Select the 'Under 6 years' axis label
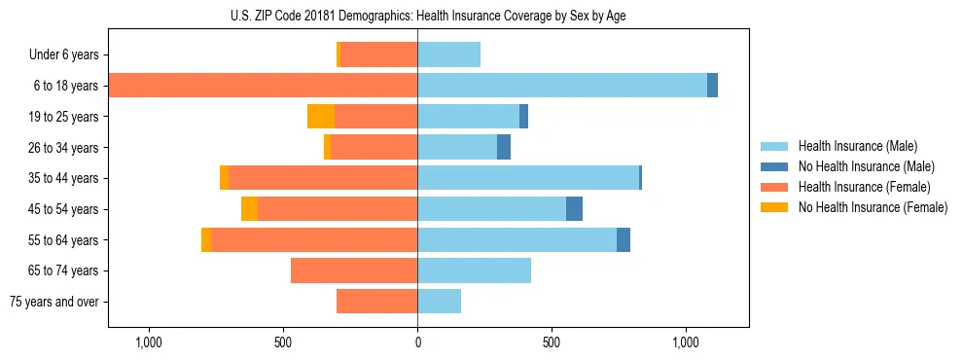71,55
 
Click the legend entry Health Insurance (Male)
857,146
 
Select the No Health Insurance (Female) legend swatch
775,207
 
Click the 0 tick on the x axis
417,343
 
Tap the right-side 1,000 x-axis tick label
686,343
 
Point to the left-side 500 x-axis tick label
283,343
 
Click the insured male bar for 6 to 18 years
562,86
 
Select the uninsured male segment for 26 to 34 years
504,147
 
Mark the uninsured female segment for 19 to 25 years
321,117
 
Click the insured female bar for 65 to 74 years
354,270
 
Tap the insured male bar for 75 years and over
439,302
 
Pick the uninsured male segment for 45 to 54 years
574,209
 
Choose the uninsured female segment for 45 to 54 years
249,209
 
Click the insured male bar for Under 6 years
448,55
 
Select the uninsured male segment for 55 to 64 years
624,239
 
